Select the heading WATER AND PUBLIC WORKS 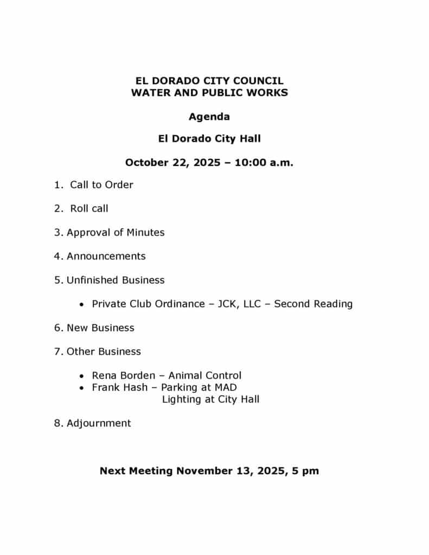[209, 93]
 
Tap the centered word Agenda [209, 117]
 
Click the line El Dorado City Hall [209, 139]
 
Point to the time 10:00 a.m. [264, 163]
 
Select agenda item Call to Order [101, 185]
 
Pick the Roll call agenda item [89, 209]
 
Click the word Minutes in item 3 [145, 233]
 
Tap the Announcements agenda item [106, 256]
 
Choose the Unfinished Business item [116, 280]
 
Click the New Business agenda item [100, 328]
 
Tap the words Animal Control [205, 376]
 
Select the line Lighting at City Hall [210, 399]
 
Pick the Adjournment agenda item [99, 423]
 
